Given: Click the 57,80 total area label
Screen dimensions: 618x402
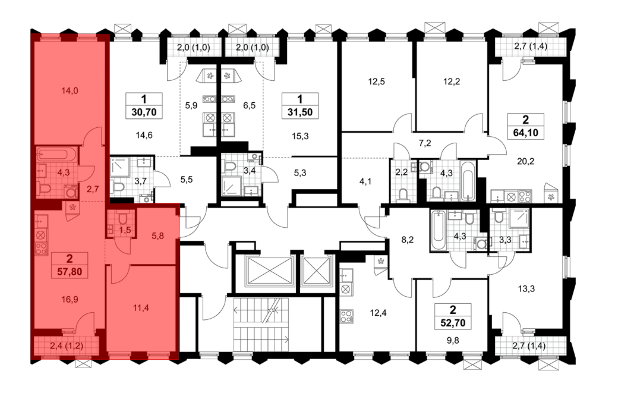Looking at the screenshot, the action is pyautogui.click(x=70, y=272).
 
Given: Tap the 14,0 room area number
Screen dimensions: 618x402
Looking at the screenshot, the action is pyautogui.click(x=70, y=91).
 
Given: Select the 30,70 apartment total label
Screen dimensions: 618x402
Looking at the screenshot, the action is pyautogui.click(x=144, y=112).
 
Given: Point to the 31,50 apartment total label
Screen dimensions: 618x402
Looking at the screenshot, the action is pyautogui.click(x=300, y=112).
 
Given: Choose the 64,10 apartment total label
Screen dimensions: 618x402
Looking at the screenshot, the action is pyautogui.click(x=526, y=133).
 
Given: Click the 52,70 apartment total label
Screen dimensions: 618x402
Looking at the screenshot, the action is pyautogui.click(x=453, y=323).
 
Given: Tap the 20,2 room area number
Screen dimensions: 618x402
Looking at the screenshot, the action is pyautogui.click(x=526, y=161).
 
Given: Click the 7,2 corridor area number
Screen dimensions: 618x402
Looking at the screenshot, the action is pyautogui.click(x=425, y=143).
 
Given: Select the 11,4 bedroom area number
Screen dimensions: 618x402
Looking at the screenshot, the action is pyautogui.click(x=141, y=308).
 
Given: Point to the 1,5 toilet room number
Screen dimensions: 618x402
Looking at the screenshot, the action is pyautogui.click(x=125, y=230).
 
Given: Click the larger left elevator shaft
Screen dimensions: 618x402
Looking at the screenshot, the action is pyautogui.click(x=270, y=271).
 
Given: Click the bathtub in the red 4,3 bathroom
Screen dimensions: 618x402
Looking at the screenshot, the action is pyautogui.click(x=56, y=154).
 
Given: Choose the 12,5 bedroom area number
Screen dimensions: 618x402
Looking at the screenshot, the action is pyautogui.click(x=376, y=82).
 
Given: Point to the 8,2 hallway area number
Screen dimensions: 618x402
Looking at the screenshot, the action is pyautogui.click(x=407, y=240).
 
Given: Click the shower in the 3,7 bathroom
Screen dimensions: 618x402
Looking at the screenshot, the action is pyautogui.click(x=120, y=167).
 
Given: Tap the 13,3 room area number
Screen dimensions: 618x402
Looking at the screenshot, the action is pyautogui.click(x=526, y=289).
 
